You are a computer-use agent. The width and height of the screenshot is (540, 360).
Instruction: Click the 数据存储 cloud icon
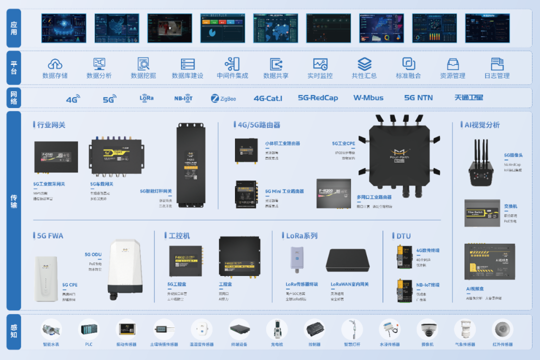pos(55,63)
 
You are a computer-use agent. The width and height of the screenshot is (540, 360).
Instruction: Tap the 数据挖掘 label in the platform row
pos(143,75)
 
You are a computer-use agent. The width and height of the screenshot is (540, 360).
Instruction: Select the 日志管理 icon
pos(497,63)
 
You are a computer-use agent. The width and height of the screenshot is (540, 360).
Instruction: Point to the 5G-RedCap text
pos(318,98)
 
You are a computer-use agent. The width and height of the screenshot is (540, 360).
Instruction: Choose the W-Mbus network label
pos(368,98)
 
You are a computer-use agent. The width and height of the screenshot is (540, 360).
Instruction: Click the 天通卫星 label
pos(468,98)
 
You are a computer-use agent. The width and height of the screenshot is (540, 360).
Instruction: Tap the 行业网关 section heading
pos(51,124)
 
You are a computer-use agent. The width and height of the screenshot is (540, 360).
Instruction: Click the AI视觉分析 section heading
pos(482,124)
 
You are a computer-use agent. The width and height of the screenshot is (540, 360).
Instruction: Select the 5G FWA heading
pos(50,235)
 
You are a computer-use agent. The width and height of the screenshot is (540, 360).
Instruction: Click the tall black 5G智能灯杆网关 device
pos(190,165)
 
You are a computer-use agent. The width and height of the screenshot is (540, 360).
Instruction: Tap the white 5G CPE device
pos(46,278)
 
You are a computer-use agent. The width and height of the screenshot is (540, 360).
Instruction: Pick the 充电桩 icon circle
pos(277,329)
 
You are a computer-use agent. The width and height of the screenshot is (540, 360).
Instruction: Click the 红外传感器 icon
pos(502,329)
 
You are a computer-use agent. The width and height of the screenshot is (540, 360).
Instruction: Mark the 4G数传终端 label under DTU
pos(427,250)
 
